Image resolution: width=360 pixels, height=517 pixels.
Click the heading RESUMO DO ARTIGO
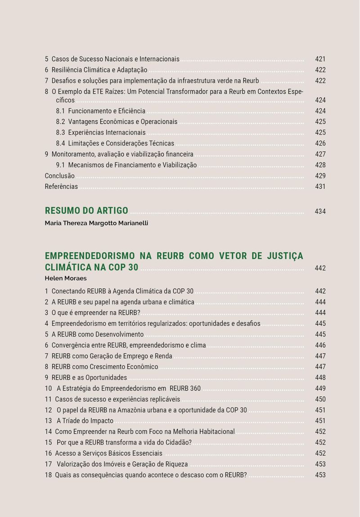[86, 211]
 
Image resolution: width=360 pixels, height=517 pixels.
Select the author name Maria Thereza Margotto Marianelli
[96, 223]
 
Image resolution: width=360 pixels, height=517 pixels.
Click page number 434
[320, 211]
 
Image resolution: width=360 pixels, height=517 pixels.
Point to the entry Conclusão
[59, 176]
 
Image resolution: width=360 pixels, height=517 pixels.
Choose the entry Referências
[61, 187]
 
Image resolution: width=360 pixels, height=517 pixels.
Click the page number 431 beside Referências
[320, 187]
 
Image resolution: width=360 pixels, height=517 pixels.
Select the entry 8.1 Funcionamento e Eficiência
[100, 111]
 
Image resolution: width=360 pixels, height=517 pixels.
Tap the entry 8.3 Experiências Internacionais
[100, 133]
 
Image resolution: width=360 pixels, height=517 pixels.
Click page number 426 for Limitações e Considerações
[320, 144]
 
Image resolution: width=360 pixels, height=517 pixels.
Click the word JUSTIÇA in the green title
[284, 256]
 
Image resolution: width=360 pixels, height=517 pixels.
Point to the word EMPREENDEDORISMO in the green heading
[90, 256]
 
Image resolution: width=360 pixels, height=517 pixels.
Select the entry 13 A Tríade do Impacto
[79, 421]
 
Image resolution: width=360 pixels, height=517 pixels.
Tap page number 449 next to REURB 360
[320, 389]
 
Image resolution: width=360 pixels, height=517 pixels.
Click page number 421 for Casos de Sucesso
[320, 59]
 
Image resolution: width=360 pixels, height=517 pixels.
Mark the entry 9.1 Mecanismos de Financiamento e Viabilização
[126, 165]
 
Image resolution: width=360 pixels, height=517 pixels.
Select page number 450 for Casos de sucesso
[320, 400]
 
